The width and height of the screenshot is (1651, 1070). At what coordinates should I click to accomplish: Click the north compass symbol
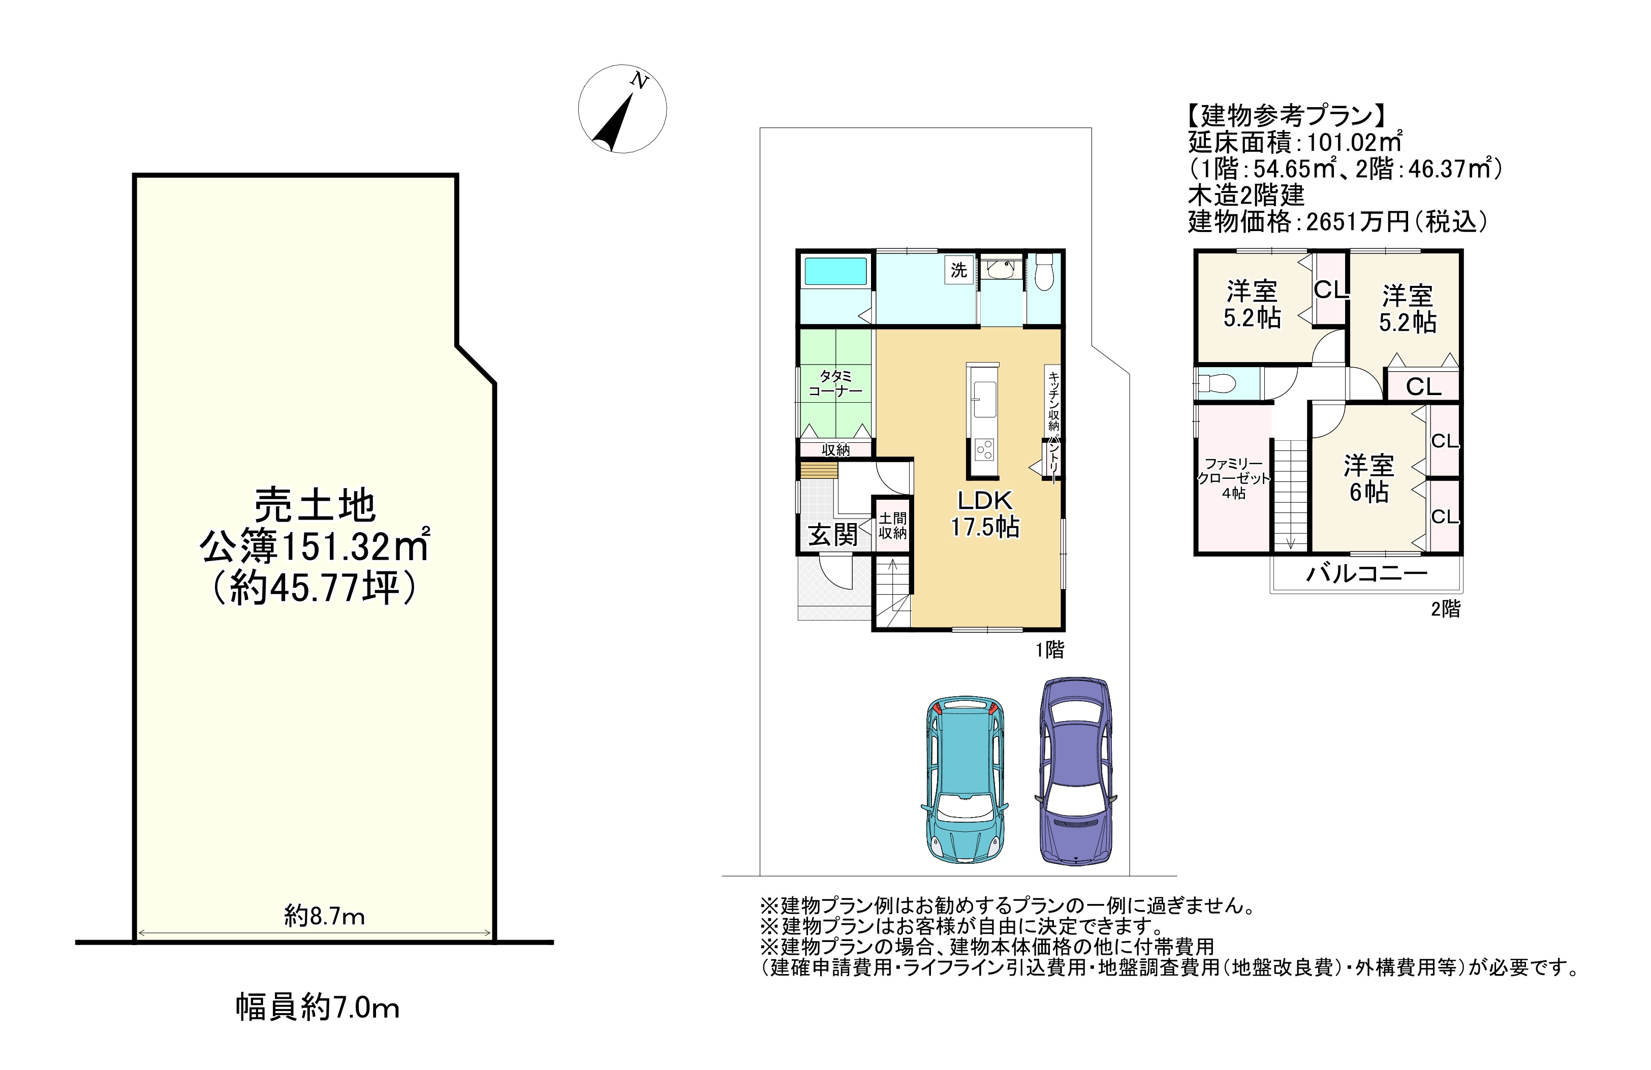click(x=622, y=109)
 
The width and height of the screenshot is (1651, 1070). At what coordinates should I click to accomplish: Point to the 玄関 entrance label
click(x=832, y=535)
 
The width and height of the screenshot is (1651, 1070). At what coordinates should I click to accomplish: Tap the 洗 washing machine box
click(x=959, y=270)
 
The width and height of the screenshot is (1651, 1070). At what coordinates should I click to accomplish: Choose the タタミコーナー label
click(x=835, y=383)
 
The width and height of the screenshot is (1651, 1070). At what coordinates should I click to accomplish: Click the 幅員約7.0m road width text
click(x=318, y=1008)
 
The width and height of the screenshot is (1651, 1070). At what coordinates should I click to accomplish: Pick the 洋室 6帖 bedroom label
click(x=1368, y=478)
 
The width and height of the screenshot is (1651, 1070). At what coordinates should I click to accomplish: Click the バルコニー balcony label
click(x=1366, y=573)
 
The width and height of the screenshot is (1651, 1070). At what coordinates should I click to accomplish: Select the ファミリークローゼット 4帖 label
click(x=1233, y=478)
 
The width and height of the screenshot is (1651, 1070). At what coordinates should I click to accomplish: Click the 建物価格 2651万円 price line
click(x=1338, y=221)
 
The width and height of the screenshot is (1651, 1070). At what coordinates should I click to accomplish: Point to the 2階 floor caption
click(x=1446, y=609)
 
